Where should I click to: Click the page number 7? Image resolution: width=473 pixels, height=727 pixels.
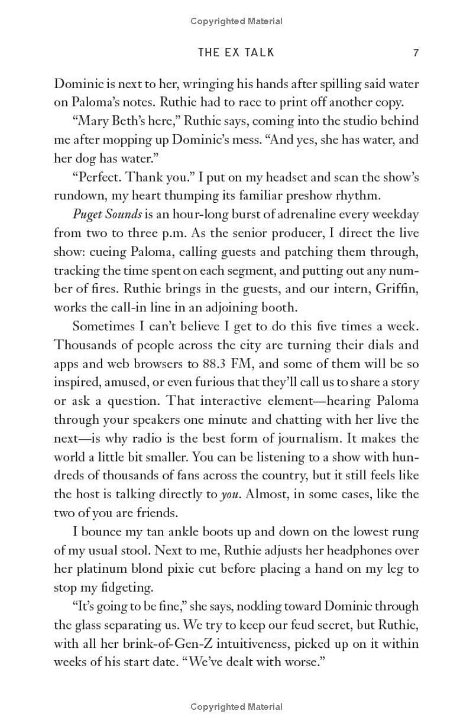tap(416, 53)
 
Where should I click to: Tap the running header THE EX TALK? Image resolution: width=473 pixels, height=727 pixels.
tap(236, 53)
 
